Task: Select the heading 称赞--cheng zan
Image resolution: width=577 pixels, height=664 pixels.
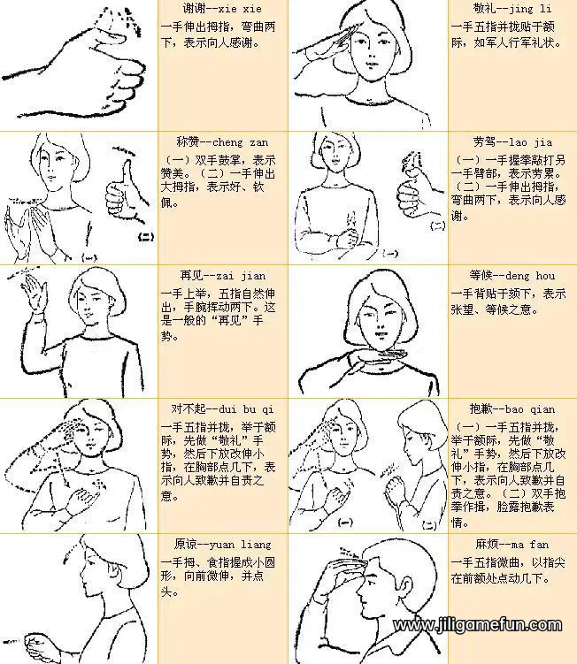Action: click(x=222, y=142)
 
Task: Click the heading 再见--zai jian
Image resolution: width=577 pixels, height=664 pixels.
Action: click(x=223, y=276)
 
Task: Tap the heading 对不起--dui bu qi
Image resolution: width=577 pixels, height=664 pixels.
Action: click(x=223, y=410)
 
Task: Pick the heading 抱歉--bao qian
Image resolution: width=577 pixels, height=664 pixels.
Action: click(x=515, y=410)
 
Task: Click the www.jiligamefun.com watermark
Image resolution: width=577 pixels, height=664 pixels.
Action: click(x=478, y=626)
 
